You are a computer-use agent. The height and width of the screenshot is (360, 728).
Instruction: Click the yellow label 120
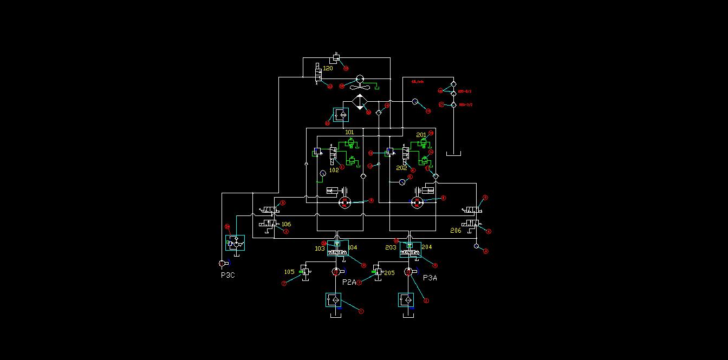click(x=328, y=69)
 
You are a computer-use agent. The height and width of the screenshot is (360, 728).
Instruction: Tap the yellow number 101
click(x=349, y=132)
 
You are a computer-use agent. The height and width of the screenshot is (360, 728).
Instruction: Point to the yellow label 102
click(x=334, y=170)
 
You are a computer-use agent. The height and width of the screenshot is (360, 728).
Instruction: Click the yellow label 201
click(x=421, y=135)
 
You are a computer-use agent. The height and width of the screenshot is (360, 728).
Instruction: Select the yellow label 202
click(x=401, y=168)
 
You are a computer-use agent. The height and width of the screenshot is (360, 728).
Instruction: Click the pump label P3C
click(x=227, y=275)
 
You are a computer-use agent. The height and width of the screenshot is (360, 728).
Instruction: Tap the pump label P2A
click(x=349, y=282)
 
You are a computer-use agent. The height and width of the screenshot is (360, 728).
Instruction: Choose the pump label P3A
click(x=430, y=278)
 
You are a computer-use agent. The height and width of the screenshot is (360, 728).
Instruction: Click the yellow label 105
click(x=290, y=272)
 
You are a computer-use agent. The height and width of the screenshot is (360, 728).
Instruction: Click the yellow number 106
click(x=286, y=224)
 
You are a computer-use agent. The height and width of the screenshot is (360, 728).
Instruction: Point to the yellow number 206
click(x=456, y=231)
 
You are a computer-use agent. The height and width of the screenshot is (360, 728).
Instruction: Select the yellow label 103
click(x=320, y=248)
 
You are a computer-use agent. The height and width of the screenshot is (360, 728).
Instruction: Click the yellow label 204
click(x=426, y=247)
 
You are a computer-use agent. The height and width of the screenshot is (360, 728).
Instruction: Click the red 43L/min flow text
click(x=417, y=82)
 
